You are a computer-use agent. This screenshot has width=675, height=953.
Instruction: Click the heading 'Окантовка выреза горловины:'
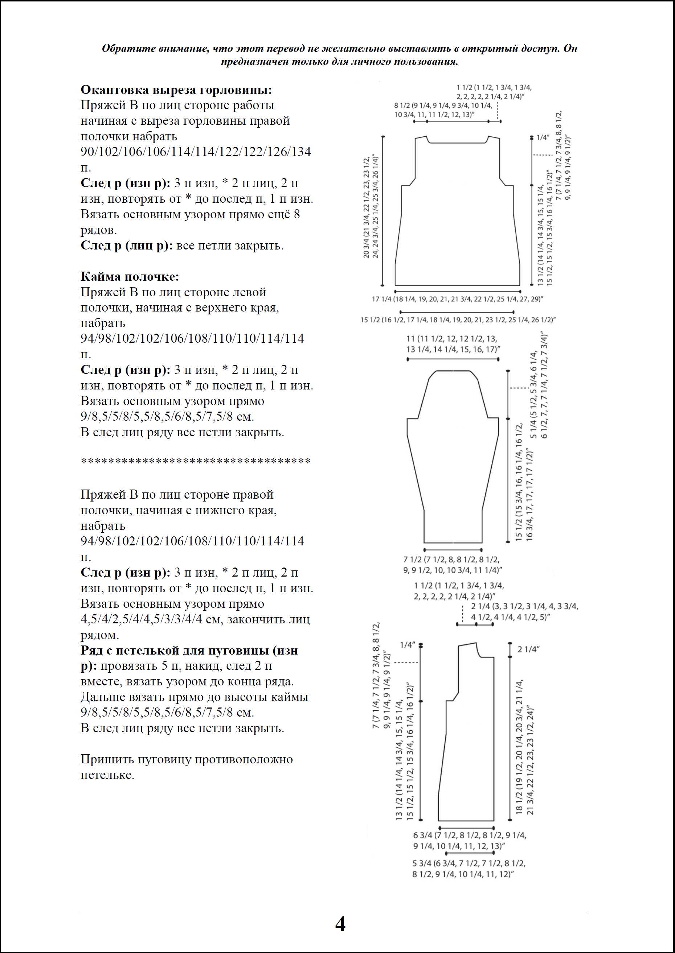(176, 90)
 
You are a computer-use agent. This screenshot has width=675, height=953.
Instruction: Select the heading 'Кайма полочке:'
(130, 277)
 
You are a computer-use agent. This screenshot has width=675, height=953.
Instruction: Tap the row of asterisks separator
(195, 462)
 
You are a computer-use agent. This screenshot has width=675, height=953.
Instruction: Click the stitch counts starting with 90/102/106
(195, 152)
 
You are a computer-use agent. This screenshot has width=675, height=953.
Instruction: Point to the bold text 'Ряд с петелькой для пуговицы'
(189, 651)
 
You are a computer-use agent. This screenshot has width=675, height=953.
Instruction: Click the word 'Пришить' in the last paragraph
(103, 759)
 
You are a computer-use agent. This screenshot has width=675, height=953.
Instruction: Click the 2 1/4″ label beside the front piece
(528, 649)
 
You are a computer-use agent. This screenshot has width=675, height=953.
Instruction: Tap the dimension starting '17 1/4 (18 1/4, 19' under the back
(457, 299)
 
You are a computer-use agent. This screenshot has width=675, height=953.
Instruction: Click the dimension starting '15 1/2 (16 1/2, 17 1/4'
(458, 320)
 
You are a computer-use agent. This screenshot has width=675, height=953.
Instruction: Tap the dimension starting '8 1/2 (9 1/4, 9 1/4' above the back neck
(443, 110)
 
